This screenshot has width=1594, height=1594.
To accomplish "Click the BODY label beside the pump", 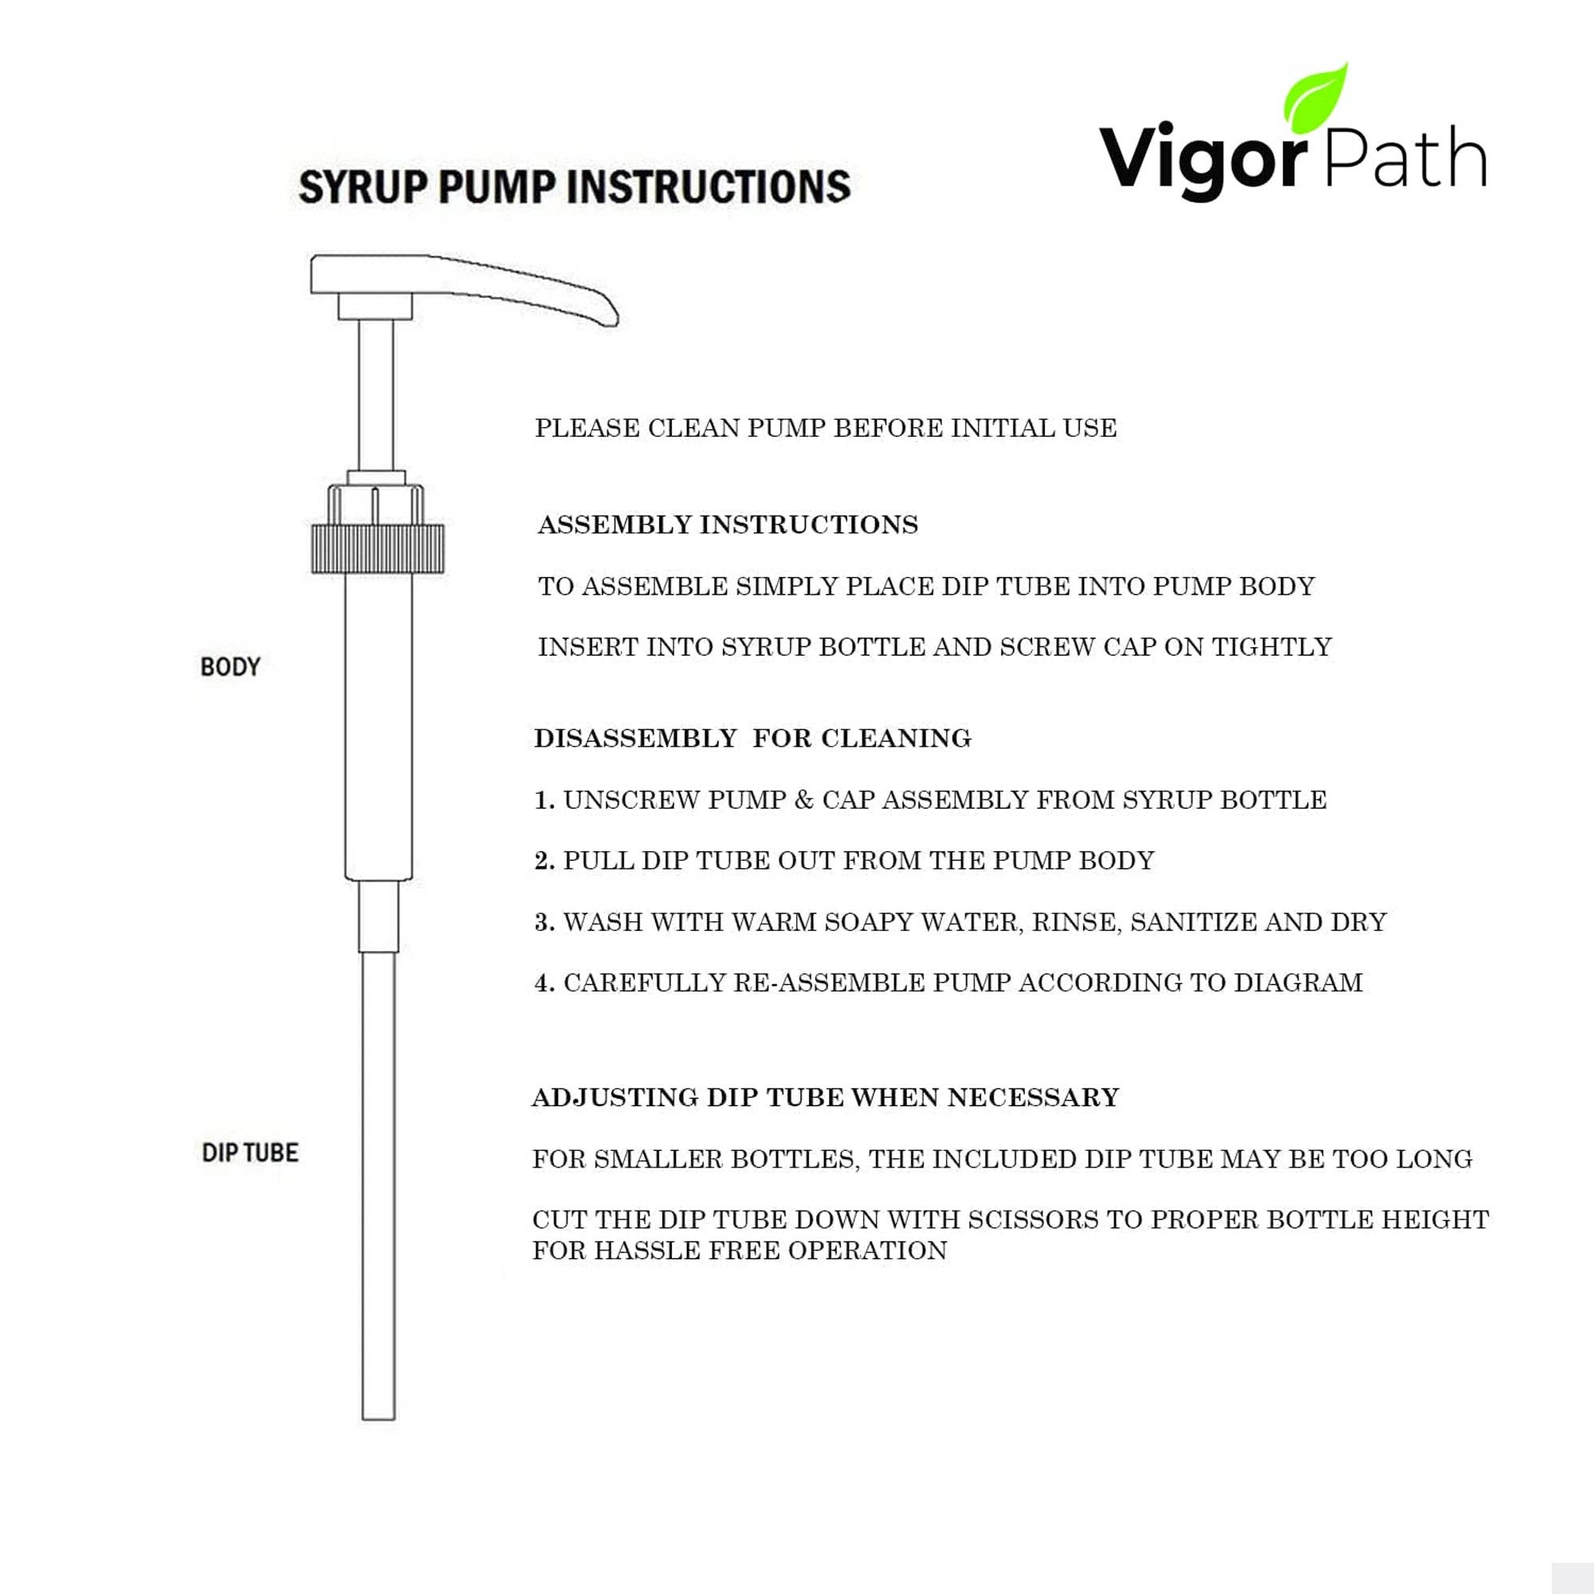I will tap(230, 666).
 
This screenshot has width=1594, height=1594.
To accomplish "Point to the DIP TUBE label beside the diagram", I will tap(250, 1152).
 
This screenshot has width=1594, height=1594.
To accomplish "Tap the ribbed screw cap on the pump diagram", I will tap(378, 548).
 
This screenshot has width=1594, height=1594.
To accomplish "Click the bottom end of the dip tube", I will tap(379, 1411).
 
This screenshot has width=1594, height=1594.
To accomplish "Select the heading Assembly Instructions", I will tap(728, 524).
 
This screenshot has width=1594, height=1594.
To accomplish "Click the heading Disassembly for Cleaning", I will tap(752, 739).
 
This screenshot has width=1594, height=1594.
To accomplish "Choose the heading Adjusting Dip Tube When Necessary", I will tap(825, 1097).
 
